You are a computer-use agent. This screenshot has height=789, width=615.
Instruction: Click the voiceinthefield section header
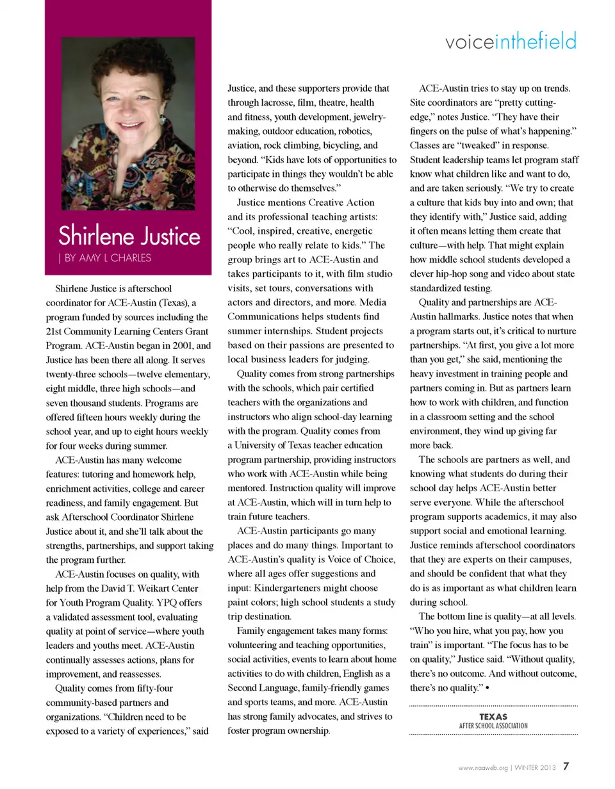click(511, 42)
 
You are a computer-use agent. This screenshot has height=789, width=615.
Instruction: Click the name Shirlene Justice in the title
click(129, 236)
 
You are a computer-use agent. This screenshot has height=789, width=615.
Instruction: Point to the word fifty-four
click(151, 688)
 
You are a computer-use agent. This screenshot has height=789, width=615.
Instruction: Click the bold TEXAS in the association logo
click(493, 717)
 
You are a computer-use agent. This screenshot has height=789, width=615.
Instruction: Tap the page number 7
click(566, 765)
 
